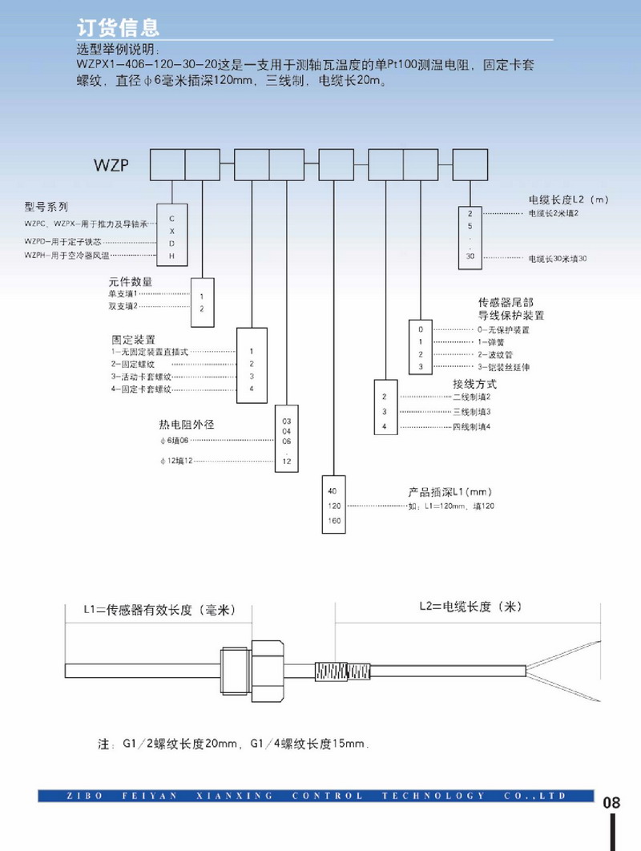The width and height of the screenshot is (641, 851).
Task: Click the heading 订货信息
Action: [x=118, y=27]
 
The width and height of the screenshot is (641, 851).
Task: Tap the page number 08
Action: [x=611, y=802]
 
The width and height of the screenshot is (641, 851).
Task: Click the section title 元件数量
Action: [x=131, y=282]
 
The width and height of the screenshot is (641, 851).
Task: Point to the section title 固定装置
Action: [x=133, y=340]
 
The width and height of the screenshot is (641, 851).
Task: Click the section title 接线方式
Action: [x=474, y=384]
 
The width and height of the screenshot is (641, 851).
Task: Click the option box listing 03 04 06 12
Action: [x=288, y=442]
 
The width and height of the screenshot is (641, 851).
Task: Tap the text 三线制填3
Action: [x=472, y=412]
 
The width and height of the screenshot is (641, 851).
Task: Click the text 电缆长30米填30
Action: [x=558, y=259]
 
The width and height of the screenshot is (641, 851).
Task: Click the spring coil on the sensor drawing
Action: [x=332, y=669]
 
